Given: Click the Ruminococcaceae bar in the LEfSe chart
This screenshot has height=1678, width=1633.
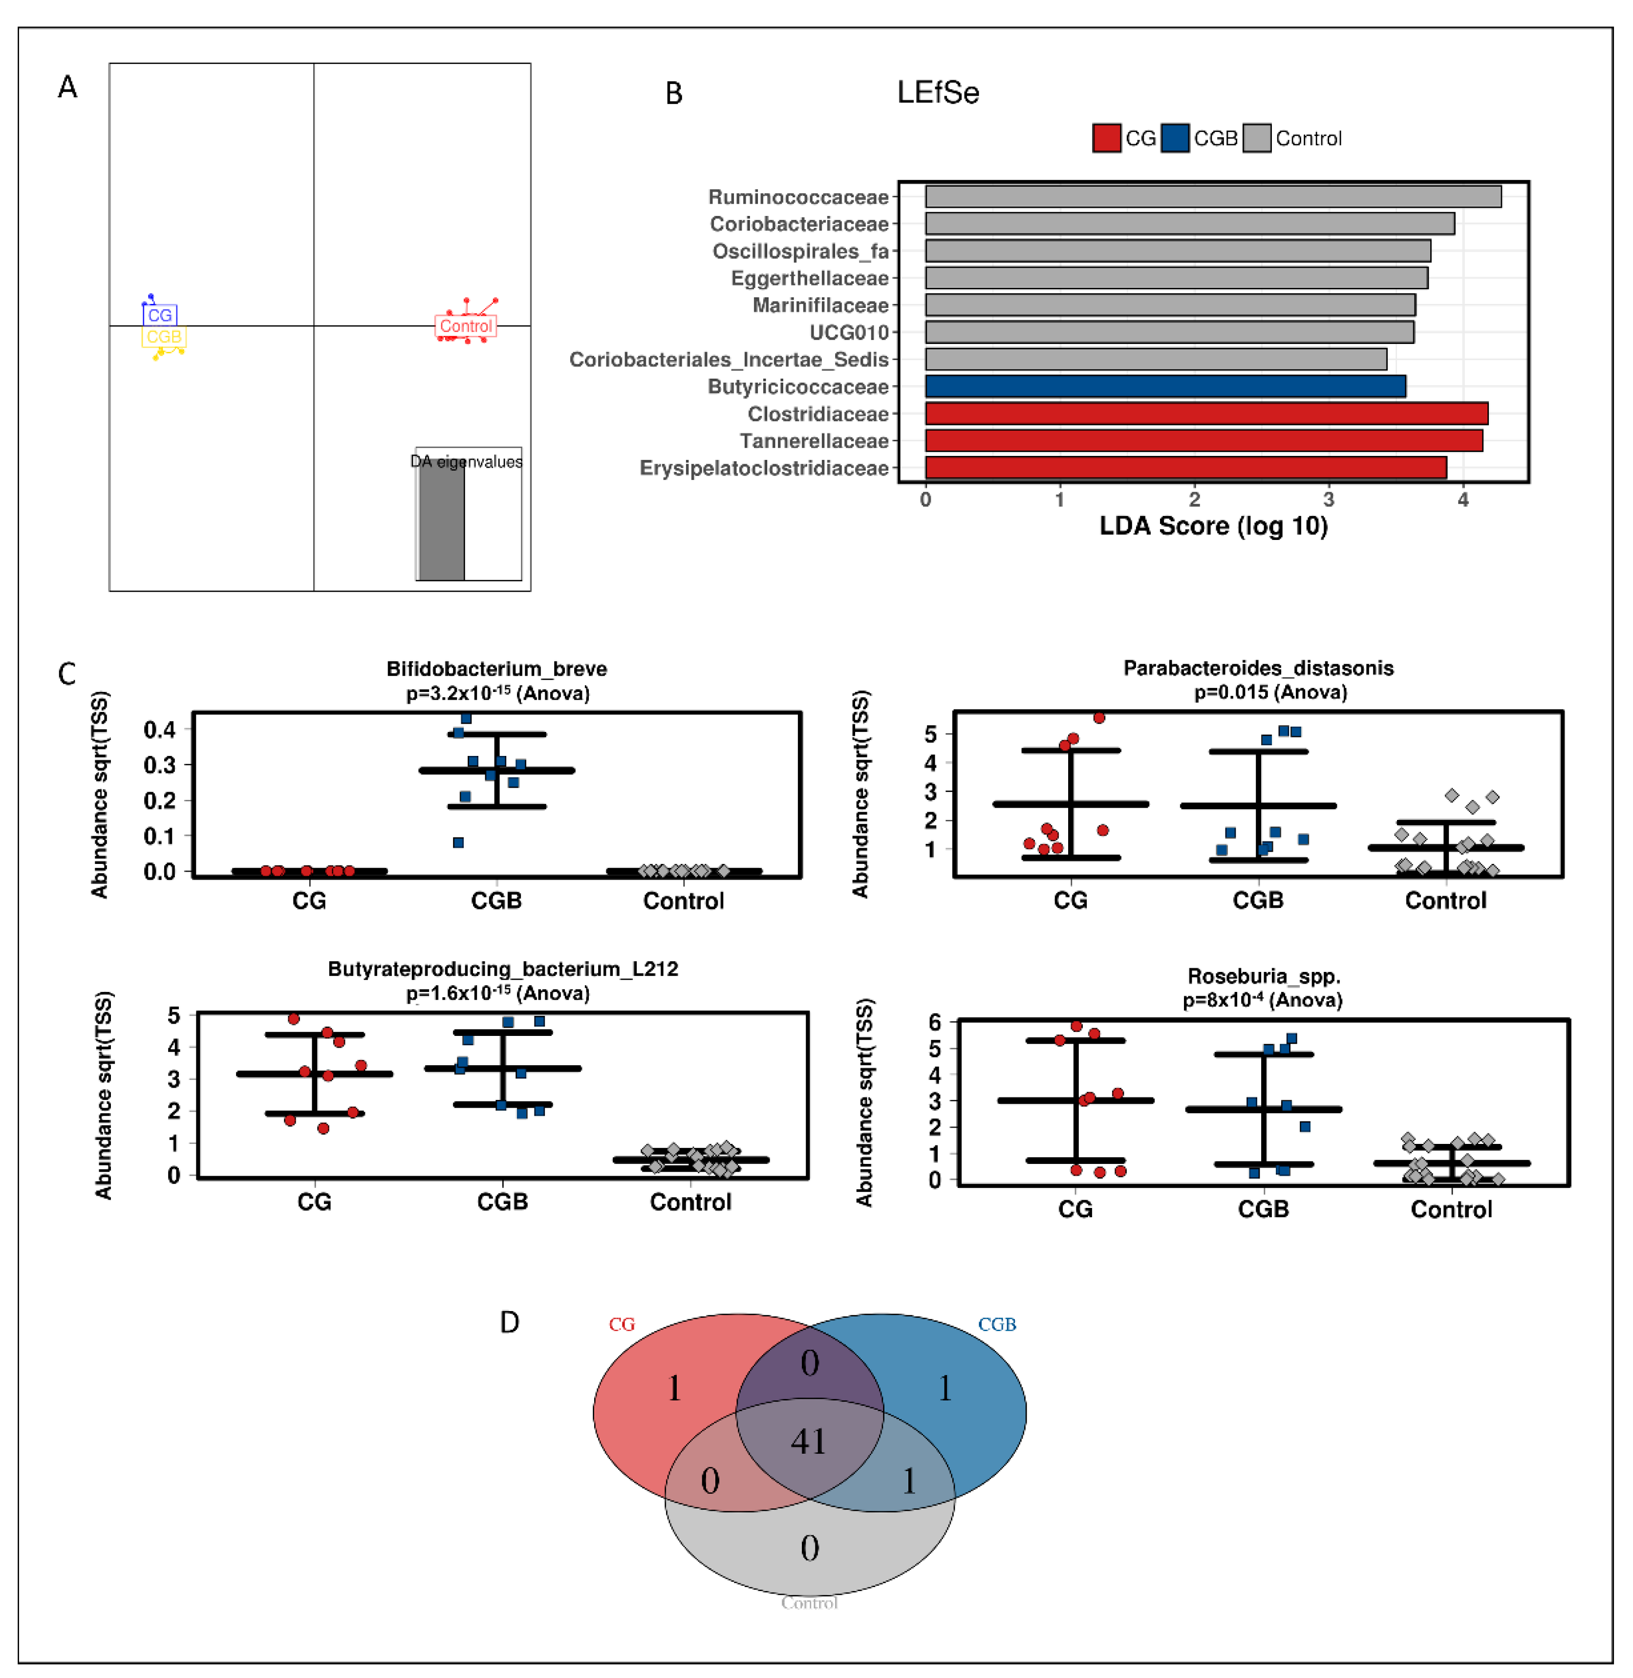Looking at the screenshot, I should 1213,196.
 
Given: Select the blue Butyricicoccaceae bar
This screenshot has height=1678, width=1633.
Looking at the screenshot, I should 1165,386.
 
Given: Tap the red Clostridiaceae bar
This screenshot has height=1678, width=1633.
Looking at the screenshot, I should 1206,413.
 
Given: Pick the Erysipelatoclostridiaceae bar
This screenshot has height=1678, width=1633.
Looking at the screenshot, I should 1185,468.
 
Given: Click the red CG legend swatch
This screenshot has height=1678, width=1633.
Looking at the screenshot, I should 1106,138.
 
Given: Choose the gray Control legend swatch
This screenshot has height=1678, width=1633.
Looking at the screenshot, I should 1256,138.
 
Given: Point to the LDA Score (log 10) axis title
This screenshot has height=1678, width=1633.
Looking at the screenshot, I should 1213,526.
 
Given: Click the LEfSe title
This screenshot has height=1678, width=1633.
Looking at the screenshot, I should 937,93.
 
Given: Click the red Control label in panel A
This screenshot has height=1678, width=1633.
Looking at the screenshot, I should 466,326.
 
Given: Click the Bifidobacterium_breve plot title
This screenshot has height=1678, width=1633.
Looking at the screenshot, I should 496,669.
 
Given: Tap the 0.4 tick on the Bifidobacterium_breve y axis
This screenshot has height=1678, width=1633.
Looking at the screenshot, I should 159,729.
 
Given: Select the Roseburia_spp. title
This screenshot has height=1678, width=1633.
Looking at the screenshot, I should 1263,976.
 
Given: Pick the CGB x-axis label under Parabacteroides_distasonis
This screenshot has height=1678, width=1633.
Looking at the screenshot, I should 1257,900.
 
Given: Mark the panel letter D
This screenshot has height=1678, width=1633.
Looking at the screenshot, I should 510,1322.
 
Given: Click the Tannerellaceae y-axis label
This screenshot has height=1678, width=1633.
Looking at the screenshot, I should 814,441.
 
